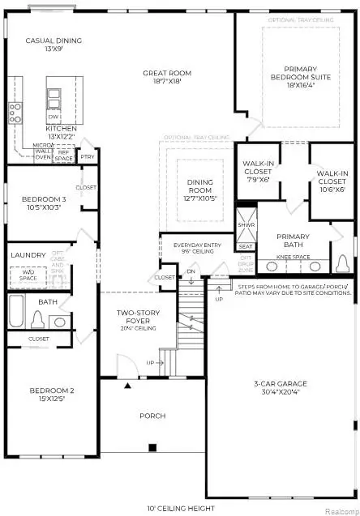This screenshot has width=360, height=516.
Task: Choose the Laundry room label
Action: click(x=28, y=255)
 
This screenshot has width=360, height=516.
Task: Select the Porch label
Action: click(x=152, y=416)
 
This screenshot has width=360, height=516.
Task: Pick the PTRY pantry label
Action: click(x=88, y=157)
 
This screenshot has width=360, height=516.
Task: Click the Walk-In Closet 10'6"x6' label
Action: click(x=332, y=178)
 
